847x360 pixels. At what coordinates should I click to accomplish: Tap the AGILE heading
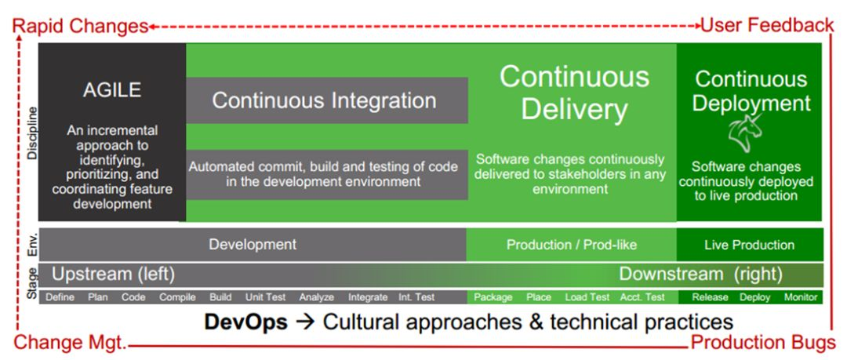tap(112, 90)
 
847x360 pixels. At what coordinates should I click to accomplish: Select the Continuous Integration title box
tap(327, 100)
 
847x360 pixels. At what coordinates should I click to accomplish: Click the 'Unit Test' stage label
tap(265, 297)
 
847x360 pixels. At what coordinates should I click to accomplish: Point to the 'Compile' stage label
tap(177, 297)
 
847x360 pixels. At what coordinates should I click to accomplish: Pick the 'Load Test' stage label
tap(587, 297)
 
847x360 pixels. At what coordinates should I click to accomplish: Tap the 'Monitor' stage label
tap(801, 297)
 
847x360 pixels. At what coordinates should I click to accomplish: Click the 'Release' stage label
tap(710, 297)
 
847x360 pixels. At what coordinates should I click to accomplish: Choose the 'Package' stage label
tap(493, 297)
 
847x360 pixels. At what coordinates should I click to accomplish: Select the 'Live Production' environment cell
tap(749, 245)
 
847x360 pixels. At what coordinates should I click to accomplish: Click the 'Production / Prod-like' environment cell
tap(572, 245)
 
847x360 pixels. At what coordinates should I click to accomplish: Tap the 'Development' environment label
tap(253, 245)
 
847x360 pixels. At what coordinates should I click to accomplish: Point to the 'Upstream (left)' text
tap(113, 274)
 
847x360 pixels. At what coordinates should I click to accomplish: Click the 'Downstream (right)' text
tap(700, 274)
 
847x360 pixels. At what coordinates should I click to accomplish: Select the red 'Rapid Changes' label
tap(81, 25)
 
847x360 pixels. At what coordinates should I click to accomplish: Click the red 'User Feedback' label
tap(767, 25)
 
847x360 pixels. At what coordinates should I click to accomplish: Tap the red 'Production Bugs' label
tap(763, 343)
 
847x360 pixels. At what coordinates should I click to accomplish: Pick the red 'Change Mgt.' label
tap(70, 343)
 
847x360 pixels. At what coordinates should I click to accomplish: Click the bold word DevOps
tap(245, 322)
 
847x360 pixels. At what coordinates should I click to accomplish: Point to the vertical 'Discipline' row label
tap(33, 133)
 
